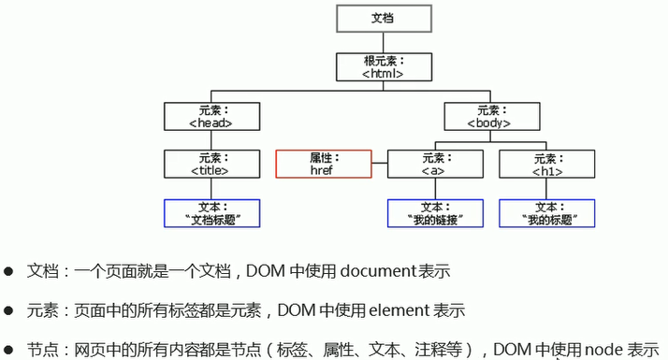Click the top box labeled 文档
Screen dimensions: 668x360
(384, 19)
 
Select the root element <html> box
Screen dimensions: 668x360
(384, 67)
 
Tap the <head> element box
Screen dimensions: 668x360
(211, 116)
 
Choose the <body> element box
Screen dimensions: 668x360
(492, 116)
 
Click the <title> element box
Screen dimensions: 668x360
(211, 164)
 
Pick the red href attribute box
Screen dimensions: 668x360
(324, 164)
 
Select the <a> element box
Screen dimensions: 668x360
(435, 164)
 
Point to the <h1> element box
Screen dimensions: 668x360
(547, 164)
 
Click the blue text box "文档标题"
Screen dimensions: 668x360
(211, 213)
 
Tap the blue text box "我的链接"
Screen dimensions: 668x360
(435, 213)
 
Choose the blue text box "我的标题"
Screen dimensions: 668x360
(547, 213)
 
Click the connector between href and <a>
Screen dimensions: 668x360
(380, 164)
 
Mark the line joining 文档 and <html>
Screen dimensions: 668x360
(384, 43)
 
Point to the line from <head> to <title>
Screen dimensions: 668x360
(211, 140)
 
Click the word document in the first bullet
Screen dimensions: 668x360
(378, 271)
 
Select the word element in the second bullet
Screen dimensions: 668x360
(399, 310)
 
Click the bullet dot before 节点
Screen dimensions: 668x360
(8, 351)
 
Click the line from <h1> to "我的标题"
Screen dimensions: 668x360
(546, 189)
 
